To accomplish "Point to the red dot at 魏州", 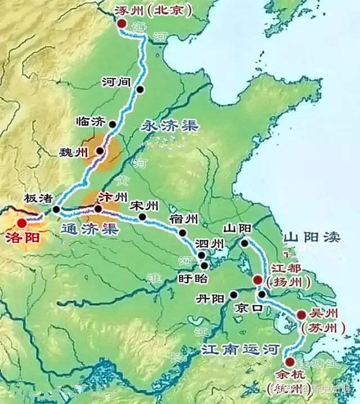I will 100,151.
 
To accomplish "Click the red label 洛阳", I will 22,238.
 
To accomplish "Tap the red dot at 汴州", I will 98,209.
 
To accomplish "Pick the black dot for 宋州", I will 142,216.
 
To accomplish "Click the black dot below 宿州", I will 182,231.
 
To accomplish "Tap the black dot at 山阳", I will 245,243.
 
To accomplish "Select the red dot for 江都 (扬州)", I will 258,279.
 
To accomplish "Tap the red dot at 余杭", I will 289,362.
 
